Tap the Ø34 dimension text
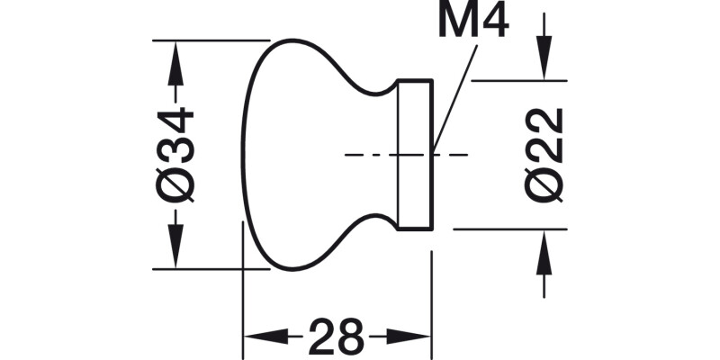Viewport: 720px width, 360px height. click(175, 154)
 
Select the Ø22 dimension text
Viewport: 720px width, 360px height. click(544, 155)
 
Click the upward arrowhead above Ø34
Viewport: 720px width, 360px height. click(175, 54)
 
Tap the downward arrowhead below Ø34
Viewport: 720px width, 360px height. click(175, 255)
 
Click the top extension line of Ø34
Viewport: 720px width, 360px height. click(211, 40)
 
